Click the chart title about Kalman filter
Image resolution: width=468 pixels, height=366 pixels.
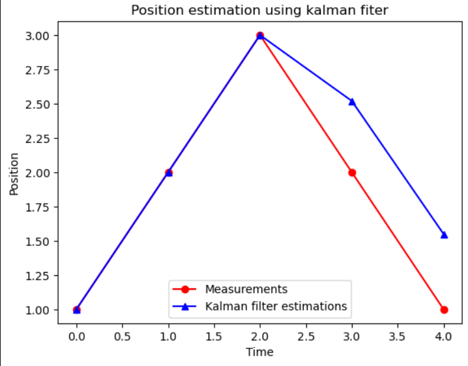click(259, 10)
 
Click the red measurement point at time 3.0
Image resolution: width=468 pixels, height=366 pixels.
click(352, 173)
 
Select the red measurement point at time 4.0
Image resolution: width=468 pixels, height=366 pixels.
click(444, 310)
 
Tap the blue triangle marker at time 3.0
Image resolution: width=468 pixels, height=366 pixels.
click(352, 102)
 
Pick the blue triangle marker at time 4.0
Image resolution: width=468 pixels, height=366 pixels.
click(444, 235)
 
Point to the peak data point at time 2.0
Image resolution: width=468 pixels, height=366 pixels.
click(260, 35)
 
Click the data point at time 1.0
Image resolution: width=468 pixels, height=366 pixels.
click(169, 173)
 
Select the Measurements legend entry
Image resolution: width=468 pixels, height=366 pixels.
click(246, 289)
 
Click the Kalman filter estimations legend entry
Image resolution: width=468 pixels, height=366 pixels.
click(275, 306)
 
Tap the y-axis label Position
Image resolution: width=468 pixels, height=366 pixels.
click(14, 173)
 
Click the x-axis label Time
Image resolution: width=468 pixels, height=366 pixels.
click(259, 352)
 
